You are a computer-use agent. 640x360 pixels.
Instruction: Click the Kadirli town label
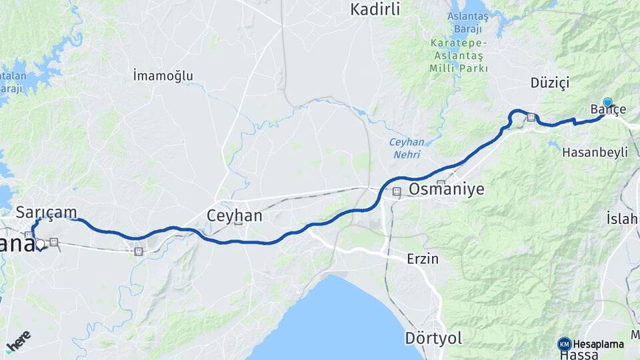coord(375,9)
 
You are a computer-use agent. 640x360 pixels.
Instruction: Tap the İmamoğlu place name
coord(163,75)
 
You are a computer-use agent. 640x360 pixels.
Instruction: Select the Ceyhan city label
coord(234,216)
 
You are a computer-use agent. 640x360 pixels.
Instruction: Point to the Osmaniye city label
coord(446,189)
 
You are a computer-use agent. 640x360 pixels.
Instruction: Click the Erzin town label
coord(423,259)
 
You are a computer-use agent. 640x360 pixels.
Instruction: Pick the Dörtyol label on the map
coord(433,338)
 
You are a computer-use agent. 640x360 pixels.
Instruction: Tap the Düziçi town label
coord(550,83)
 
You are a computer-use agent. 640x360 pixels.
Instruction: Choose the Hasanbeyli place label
coord(595,152)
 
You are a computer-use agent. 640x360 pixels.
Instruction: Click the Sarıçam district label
coord(46,212)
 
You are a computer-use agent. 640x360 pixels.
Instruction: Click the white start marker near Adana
coord(40,245)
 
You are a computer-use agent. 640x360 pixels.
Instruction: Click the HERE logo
coord(18,341)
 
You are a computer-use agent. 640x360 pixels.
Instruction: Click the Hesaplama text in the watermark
coord(598,344)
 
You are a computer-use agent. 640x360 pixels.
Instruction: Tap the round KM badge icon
coord(565,344)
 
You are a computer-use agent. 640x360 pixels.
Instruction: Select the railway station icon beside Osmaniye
coord(397,192)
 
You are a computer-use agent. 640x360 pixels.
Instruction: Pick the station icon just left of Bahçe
coord(531,117)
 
